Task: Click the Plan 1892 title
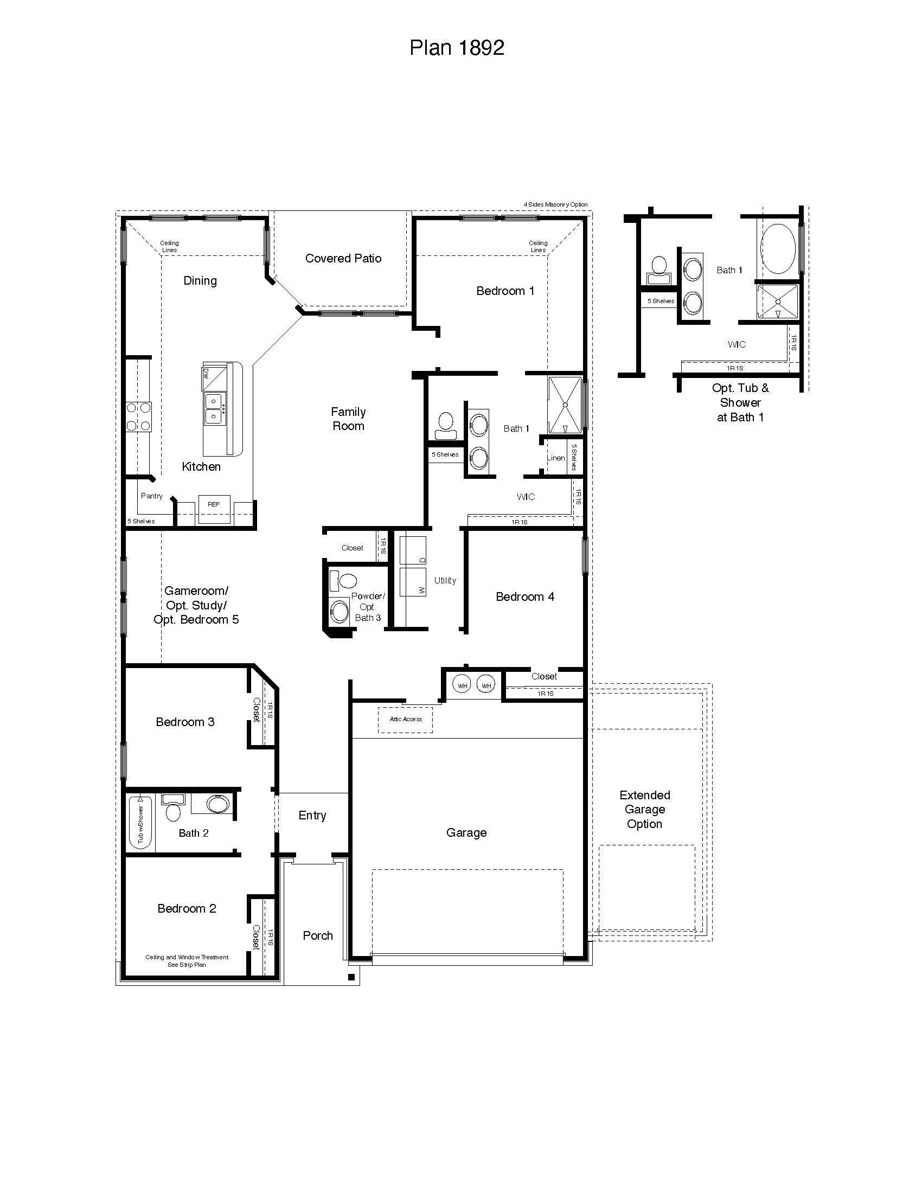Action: coord(457,48)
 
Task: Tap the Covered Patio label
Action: coord(343,258)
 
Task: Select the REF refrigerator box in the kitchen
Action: coord(214,509)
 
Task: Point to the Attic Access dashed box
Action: coord(405,720)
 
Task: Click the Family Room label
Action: coord(348,419)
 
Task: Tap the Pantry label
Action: coord(151,496)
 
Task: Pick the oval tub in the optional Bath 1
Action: coord(778,248)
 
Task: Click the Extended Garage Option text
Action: coord(644,810)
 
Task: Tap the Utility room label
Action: coord(445,580)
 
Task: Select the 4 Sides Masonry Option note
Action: coord(555,204)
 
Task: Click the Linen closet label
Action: coord(555,458)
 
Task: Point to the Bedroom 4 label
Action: coord(524,596)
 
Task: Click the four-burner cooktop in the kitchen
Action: coord(139,416)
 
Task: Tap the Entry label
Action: coord(312,816)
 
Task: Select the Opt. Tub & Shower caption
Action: coord(740,402)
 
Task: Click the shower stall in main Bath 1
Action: coord(565,405)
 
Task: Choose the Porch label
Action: coord(317,936)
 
